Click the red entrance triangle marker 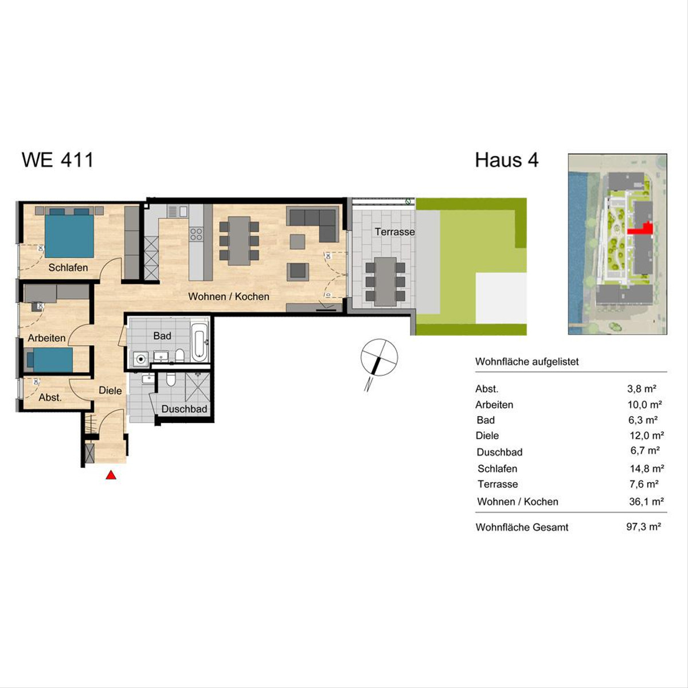tap(111, 475)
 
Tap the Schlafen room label tap(68, 267)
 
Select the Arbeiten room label tap(47, 338)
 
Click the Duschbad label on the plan tap(184, 409)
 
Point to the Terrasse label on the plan tap(395, 232)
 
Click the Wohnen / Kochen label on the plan tap(229, 296)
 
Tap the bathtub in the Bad tap(199, 342)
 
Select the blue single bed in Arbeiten tap(50, 360)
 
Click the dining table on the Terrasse tap(385, 282)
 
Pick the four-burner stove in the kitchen tap(196, 234)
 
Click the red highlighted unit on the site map tap(642, 229)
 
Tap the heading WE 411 tap(57, 159)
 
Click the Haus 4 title tap(507, 160)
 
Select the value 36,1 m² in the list tap(646, 502)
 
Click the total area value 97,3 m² tap(643, 527)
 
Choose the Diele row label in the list tap(487, 436)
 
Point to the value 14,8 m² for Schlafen tap(647, 468)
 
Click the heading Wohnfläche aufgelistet tap(527, 362)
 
